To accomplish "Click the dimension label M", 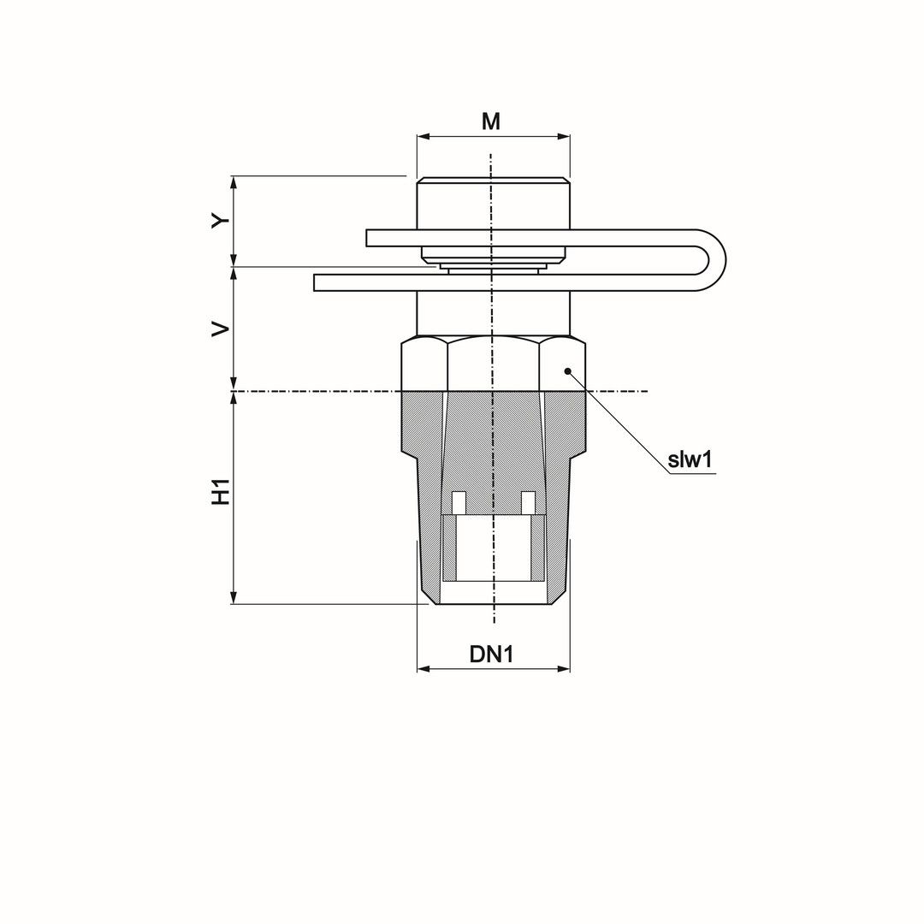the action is click(x=491, y=121).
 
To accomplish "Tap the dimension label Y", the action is click(x=221, y=221).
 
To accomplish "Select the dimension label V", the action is click(x=221, y=329).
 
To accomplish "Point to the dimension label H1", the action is click(x=221, y=491).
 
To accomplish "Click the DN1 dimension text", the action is click(x=492, y=654).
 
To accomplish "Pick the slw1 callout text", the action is click(x=690, y=459).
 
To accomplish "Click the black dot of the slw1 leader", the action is click(x=567, y=370).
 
